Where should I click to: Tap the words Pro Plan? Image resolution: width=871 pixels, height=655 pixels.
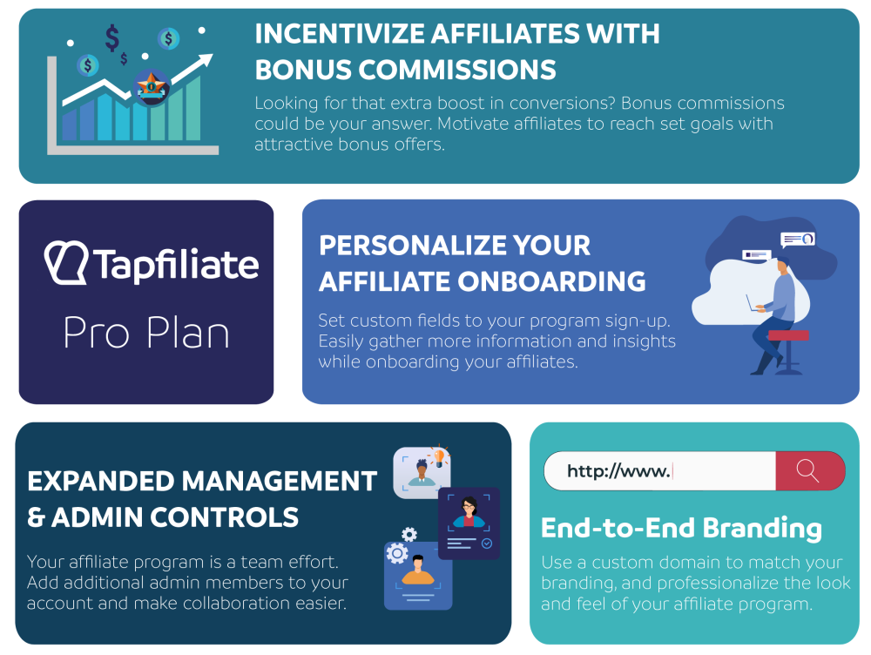point(146,333)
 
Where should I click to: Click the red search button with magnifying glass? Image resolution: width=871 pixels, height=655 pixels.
point(810,470)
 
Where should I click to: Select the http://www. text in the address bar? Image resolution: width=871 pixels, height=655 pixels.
point(618,471)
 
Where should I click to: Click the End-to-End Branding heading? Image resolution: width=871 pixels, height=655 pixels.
point(681,528)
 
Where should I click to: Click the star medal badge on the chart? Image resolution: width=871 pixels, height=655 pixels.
point(151,87)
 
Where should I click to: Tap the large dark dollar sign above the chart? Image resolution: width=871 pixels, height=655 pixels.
point(112,37)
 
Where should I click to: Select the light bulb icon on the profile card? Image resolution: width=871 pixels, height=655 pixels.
point(439,457)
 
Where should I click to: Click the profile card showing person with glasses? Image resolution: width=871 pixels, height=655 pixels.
point(469,523)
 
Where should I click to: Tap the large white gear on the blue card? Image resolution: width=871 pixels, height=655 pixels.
point(397,553)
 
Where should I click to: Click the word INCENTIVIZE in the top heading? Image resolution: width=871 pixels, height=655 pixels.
point(340,33)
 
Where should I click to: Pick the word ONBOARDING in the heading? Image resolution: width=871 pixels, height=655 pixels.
point(551,281)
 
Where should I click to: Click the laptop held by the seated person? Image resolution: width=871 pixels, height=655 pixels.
point(753,304)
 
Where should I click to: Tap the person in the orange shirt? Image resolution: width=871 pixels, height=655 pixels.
point(418,571)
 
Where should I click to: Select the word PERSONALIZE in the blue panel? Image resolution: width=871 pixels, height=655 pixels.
point(411,245)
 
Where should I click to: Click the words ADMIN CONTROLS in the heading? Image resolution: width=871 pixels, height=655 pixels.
point(175,517)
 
